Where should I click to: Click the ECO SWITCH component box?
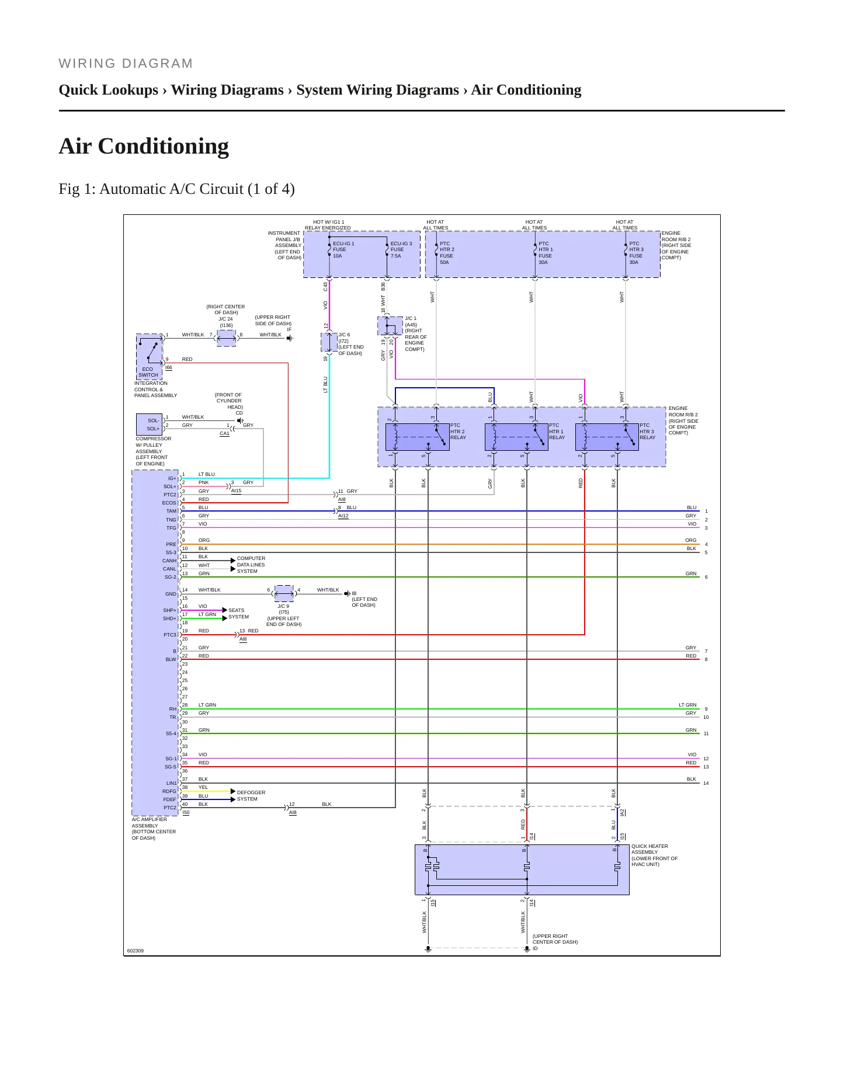pyautogui.click(x=149, y=356)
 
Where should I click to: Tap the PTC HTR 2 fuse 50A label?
pyautogui.click(x=447, y=253)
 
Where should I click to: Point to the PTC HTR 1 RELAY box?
pyautogui.click(x=516, y=437)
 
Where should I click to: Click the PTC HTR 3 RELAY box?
pyautogui.click(x=607, y=437)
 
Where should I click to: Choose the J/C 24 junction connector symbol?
pyautogui.click(x=226, y=338)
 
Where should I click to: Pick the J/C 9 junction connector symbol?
pyautogui.click(x=284, y=593)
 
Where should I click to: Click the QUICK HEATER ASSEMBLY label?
pyautogui.click(x=654, y=855)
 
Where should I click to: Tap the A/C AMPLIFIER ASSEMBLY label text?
pyautogui.click(x=154, y=829)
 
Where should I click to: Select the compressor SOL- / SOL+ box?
pyautogui.click(x=149, y=425)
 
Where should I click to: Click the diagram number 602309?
pyautogui.click(x=135, y=951)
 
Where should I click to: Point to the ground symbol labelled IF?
pyautogui.click(x=289, y=338)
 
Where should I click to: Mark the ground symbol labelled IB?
pyautogui.click(x=347, y=593)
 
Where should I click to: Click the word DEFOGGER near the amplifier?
pyautogui.click(x=251, y=792)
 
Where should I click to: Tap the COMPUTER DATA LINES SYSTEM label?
pyautogui.click(x=251, y=565)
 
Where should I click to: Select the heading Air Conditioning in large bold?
pyautogui.click(x=144, y=146)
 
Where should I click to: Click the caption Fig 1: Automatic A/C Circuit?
pyautogui.click(x=176, y=189)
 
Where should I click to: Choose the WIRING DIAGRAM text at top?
pyautogui.click(x=126, y=64)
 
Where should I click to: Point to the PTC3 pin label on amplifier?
pyautogui.click(x=169, y=635)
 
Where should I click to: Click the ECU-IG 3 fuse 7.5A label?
pyautogui.click(x=401, y=249)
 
